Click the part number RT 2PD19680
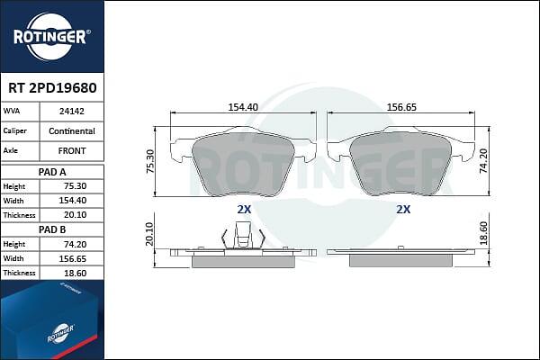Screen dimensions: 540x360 pyautogui.click(x=52, y=88)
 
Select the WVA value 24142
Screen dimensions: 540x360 pyautogui.click(x=72, y=112)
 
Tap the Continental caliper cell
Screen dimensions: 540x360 pyautogui.click(x=72, y=130)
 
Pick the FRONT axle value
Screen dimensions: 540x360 pyautogui.click(x=72, y=151)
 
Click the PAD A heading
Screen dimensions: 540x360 pyautogui.click(x=52, y=172)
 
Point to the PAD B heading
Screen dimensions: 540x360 pyautogui.click(x=52, y=229)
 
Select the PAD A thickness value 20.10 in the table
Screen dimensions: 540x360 pyautogui.click(x=75, y=215)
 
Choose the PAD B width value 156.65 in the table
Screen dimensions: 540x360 pyautogui.click(x=72, y=258)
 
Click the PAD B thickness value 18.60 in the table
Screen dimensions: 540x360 pyautogui.click(x=75, y=274)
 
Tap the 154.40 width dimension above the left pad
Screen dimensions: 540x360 pyautogui.click(x=243, y=107)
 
